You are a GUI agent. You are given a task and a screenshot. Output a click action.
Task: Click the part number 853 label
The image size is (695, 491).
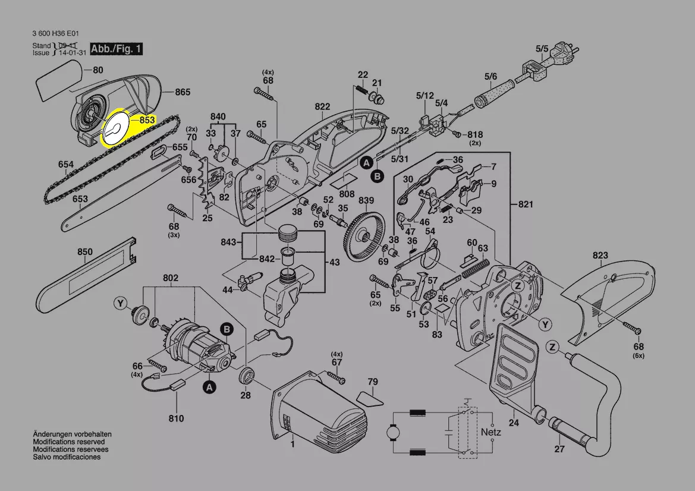point(147,120)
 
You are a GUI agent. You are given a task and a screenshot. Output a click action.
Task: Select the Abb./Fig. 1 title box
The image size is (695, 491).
point(117,49)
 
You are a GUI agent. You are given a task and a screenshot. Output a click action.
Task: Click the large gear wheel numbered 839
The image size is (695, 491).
point(364,238)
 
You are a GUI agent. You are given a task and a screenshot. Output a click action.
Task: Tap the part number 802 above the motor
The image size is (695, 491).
point(171,278)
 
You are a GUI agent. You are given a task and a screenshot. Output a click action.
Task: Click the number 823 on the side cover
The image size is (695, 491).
point(600,256)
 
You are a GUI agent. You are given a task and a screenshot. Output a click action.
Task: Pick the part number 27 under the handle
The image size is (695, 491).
point(559,449)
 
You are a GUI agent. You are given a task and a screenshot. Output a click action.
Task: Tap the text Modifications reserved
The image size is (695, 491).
point(68,442)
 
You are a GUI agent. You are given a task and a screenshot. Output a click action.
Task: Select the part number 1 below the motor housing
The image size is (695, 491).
point(293,443)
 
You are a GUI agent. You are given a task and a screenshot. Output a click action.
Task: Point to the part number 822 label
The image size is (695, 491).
point(322,107)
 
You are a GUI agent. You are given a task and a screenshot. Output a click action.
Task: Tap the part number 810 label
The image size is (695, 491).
point(176,418)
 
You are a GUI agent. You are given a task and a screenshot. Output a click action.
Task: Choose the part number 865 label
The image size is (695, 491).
point(183,92)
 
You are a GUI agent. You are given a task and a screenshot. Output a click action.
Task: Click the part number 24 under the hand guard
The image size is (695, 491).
point(514,423)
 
